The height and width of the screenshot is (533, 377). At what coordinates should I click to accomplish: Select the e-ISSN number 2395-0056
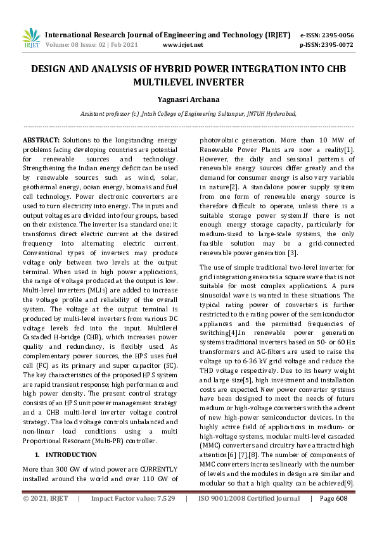pyautogui.click(x=337, y=35)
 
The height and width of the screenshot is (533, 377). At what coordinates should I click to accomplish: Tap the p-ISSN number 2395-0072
pyautogui.click(x=337, y=45)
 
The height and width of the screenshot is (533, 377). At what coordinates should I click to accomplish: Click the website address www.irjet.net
pyautogui.click(x=182, y=45)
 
